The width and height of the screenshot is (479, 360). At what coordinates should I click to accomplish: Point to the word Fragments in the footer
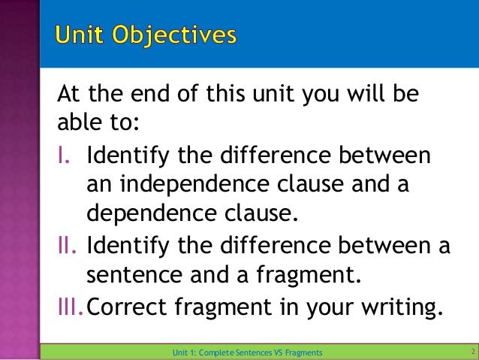click(x=300, y=352)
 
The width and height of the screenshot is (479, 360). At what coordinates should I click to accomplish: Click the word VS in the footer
click(x=270, y=352)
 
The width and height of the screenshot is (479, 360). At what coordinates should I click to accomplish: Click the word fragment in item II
click(x=296, y=274)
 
